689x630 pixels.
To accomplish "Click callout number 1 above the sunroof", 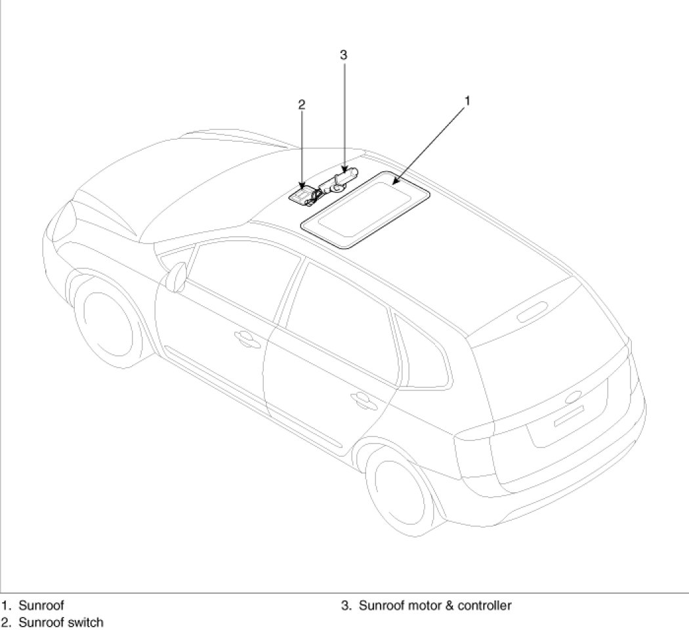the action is point(467,100).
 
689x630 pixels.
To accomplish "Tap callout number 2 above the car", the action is point(301,104).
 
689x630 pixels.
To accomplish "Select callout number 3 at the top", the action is point(343,55).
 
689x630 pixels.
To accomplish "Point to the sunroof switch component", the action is point(303,196).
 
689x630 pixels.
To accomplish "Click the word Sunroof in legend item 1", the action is point(41,605).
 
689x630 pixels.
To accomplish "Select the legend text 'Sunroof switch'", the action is point(60,621).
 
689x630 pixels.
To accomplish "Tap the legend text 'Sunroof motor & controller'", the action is point(434,605).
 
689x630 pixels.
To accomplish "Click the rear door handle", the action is point(360,398).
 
